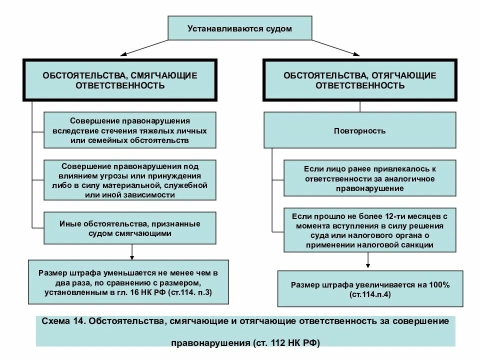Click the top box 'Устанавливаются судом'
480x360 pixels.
[x=239, y=28]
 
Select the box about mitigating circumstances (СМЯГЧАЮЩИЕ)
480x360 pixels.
[x=120, y=80]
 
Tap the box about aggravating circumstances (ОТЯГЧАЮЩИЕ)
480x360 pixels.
[x=360, y=80]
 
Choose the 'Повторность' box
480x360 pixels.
[x=360, y=131]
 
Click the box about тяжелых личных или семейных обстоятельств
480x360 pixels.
[x=130, y=130]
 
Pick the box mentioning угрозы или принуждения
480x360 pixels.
[x=130, y=180]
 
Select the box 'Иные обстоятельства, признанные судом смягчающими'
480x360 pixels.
[x=130, y=228]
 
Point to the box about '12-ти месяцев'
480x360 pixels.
[x=370, y=230]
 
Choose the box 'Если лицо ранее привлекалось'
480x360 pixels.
[x=370, y=178]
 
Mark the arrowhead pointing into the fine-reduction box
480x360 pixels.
[x=132, y=256]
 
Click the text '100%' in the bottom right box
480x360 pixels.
[x=440, y=285]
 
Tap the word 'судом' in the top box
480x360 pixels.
[x=278, y=29]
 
